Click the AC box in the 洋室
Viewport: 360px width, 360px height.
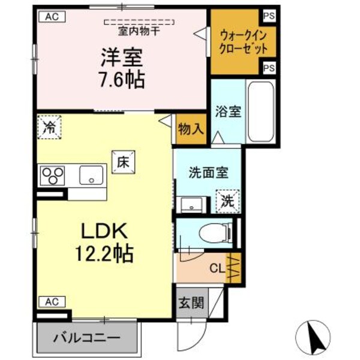[x=52, y=17]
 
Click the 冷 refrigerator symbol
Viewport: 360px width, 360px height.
[x=49, y=127]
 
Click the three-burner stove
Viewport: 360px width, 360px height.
[x=52, y=176]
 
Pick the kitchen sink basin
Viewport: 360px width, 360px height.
[x=91, y=176]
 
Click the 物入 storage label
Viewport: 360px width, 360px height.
[x=191, y=128]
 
